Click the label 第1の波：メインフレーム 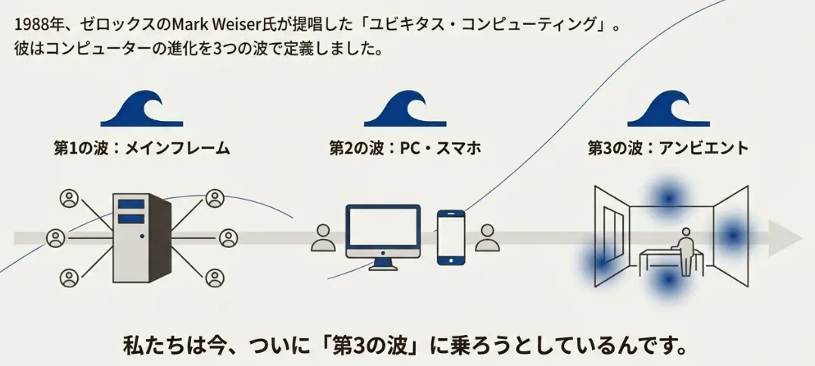(141, 147)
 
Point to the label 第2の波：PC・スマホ (404, 147)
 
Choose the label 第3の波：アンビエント (668, 147)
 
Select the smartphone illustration (451, 237)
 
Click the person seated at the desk (685, 250)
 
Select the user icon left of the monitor (324, 237)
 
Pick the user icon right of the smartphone (488, 237)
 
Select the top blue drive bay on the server (132, 203)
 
